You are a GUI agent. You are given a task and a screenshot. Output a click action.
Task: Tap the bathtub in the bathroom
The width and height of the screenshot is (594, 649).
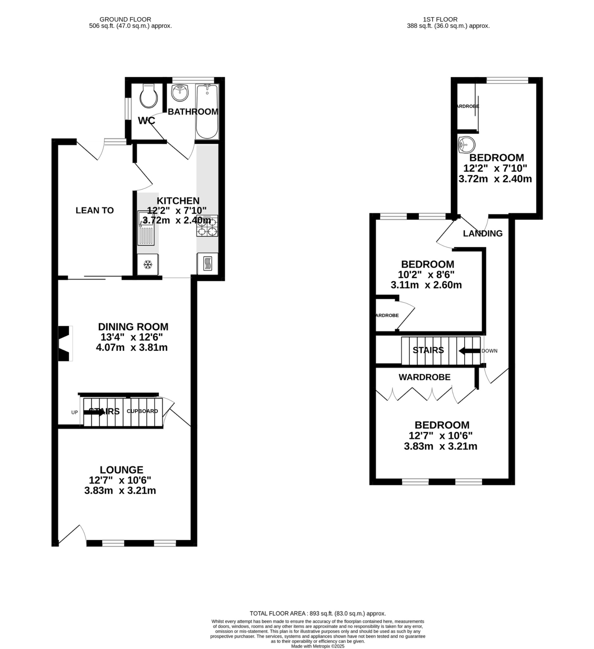click(x=207, y=111)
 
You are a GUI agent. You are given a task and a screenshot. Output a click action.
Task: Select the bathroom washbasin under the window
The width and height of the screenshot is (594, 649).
click(x=180, y=93)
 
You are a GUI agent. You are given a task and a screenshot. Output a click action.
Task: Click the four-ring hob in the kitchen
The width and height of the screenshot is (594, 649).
click(x=207, y=226)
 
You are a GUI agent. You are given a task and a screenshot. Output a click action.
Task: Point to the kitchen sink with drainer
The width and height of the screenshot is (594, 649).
click(x=146, y=228)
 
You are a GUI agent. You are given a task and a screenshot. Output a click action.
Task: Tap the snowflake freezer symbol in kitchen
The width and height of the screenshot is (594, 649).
click(x=148, y=265)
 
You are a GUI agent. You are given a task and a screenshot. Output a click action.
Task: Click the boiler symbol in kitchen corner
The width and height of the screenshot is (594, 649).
click(x=207, y=264)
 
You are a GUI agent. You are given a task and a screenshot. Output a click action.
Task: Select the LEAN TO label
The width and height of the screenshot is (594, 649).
click(x=95, y=210)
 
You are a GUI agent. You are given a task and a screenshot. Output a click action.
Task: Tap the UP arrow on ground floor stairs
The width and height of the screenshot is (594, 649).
click(x=94, y=412)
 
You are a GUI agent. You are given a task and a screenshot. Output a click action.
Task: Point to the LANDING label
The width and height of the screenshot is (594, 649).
click(x=483, y=234)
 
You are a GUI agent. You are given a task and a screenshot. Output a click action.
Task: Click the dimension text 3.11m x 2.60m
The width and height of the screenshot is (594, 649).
click(x=426, y=285)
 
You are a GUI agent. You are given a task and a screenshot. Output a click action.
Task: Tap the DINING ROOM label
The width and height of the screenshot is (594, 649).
click(x=133, y=327)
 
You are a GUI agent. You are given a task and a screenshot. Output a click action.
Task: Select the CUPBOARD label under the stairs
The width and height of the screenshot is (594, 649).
click(x=142, y=411)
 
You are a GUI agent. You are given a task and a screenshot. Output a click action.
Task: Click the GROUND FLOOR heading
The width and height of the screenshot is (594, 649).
click(x=125, y=19)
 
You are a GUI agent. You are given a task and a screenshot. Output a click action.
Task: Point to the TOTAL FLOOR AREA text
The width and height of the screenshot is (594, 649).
click(x=317, y=614)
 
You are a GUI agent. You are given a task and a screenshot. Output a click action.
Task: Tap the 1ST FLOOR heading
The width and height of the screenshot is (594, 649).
click(x=440, y=19)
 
